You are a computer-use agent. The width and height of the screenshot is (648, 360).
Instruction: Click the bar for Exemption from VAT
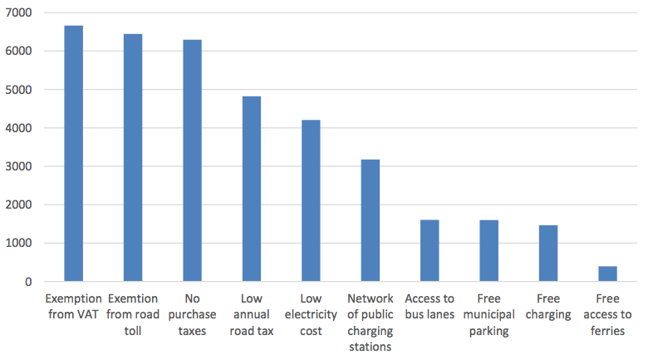[x=74, y=154]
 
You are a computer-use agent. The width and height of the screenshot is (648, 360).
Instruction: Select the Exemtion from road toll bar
[x=133, y=158]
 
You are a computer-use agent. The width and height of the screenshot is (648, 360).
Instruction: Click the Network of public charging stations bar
[x=370, y=220]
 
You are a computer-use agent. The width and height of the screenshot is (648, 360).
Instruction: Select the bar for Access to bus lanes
[x=430, y=250]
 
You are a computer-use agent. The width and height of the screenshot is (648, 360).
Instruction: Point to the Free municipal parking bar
[x=488, y=250]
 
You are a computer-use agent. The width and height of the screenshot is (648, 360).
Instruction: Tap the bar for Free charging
[x=547, y=253]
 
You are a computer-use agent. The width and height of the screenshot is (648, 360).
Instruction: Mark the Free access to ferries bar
[x=607, y=274]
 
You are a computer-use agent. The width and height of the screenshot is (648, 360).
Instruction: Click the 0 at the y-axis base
[x=28, y=282]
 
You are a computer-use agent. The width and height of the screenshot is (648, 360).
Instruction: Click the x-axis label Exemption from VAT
[x=74, y=306]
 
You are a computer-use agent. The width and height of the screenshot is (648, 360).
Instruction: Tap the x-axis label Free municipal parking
[x=488, y=314]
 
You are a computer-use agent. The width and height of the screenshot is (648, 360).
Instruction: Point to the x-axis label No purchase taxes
[x=192, y=314]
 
